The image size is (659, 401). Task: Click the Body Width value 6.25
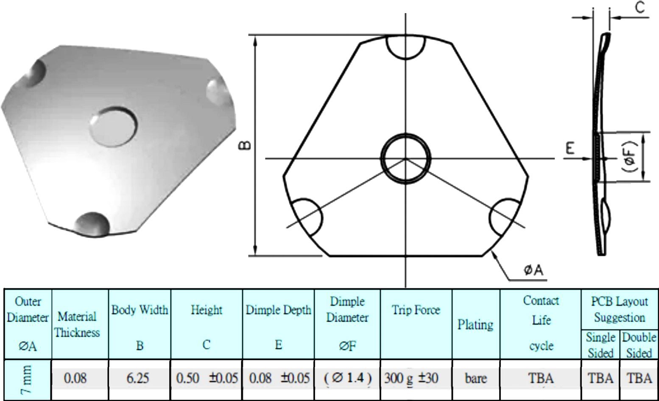pyautogui.click(x=137, y=378)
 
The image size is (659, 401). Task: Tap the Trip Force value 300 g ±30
pyautogui.click(x=411, y=378)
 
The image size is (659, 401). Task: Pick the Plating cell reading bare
pyautogui.click(x=475, y=378)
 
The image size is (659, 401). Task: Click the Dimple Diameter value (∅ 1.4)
pyautogui.click(x=347, y=378)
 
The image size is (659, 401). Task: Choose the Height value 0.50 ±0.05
pyautogui.click(x=207, y=378)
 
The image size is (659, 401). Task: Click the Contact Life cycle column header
pyautogui.click(x=541, y=323)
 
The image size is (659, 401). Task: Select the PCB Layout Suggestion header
pyautogui.click(x=620, y=309)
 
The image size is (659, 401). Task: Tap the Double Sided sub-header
pyautogui.click(x=639, y=345)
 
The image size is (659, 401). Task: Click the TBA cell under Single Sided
pyautogui.click(x=600, y=378)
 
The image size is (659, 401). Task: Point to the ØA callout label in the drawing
pyautogui.click(x=533, y=270)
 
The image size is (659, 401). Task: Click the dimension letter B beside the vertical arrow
pyautogui.click(x=246, y=145)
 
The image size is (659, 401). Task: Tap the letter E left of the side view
pyautogui.click(x=570, y=148)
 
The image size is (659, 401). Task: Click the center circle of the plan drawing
pyautogui.click(x=406, y=158)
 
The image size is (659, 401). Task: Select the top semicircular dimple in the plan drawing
pyautogui.click(x=405, y=46)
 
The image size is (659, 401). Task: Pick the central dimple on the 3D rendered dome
pyautogui.click(x=114, y=126)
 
